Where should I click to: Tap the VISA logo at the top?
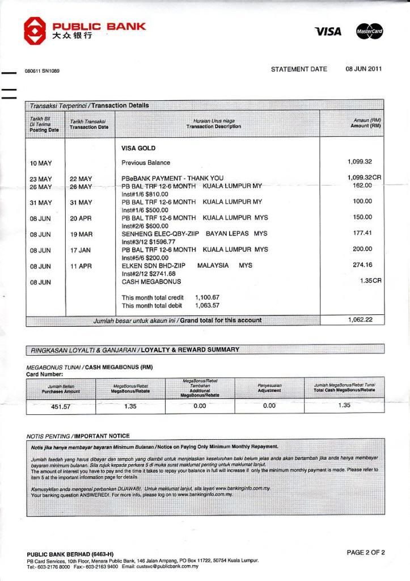[328, 32]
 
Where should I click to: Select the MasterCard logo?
[370, 32]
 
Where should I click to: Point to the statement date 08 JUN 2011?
[363, 69]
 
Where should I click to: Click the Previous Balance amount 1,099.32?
[360, 162]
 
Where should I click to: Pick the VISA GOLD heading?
[138, 148]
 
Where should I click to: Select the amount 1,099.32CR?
[363, 178]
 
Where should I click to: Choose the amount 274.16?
[362, 265]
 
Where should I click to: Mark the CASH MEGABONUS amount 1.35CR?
[370, 280]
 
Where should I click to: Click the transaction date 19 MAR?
[81, 234]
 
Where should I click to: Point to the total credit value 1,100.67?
[207, 297]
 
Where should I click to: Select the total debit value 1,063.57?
[207, 306]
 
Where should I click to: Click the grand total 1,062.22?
[360, 320]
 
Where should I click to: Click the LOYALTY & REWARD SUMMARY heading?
[189, 350]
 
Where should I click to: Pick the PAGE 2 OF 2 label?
[366, 552]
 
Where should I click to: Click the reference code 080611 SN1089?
[42, 71]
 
